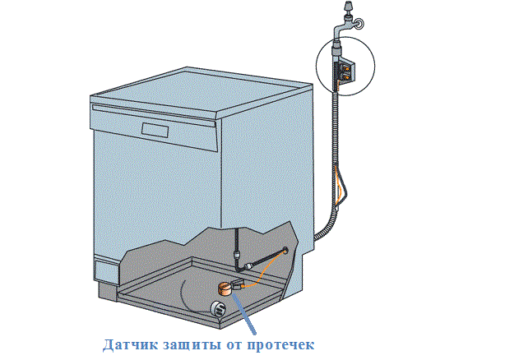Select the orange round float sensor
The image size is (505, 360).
(224, 288)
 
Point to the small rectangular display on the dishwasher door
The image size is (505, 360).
(157, 130)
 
